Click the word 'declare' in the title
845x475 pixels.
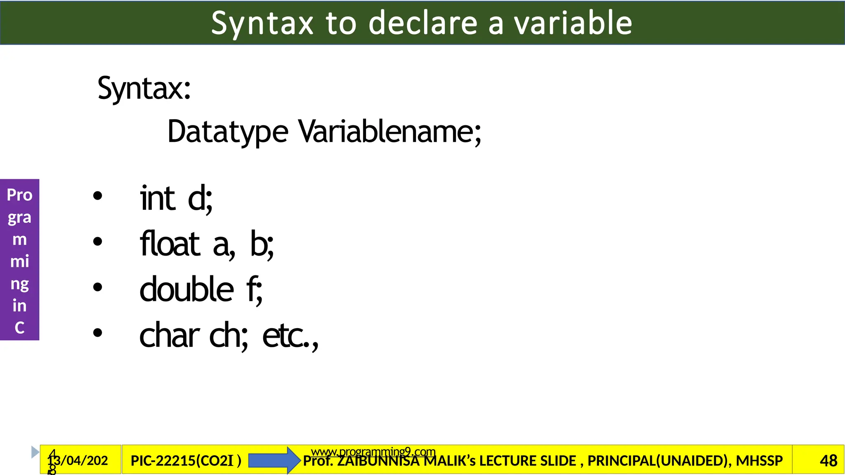click(x=423, y=23)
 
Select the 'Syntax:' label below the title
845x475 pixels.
click(x=144, y=88)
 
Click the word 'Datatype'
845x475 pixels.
click(x=228, y=132)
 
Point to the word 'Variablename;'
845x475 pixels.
click(x=390, y=132)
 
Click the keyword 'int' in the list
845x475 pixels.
click(x=158, y=199)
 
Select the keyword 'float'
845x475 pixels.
click(x=170, y=244)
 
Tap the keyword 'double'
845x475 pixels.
click(x=187, y=289)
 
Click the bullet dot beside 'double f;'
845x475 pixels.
click(x=97, y=287)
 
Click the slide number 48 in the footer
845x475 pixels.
click(x=828, y=461)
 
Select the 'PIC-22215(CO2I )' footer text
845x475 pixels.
click(x=186, y=461)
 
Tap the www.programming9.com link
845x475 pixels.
click(x=373, y=452)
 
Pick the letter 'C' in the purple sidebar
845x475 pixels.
click(x=19, y=328)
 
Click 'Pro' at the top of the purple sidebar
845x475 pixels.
click(x=19, y=195)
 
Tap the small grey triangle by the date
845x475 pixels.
click(x=35, y=452)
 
